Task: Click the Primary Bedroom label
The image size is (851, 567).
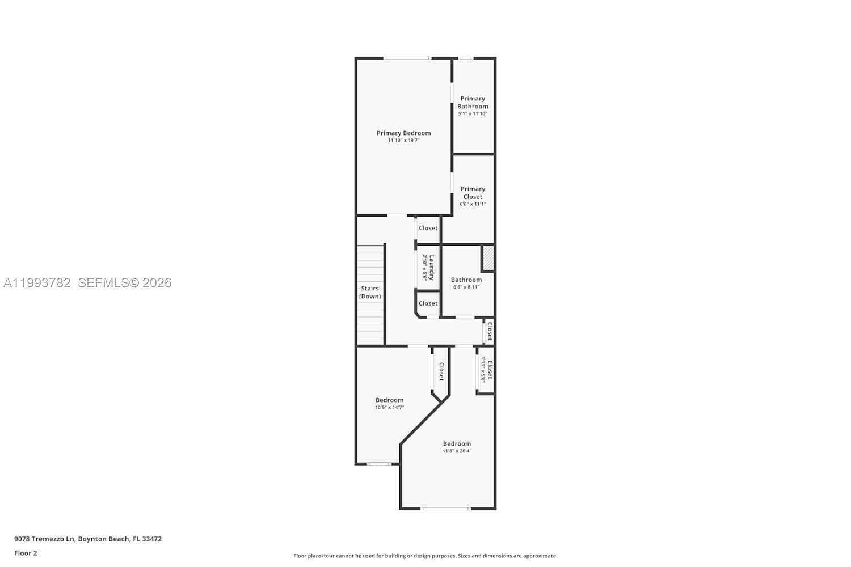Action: pos(403,133)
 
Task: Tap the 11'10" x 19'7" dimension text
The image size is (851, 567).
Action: pos(403,141)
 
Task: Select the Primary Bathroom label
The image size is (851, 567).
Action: pos(473,103)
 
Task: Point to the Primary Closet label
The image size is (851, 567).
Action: pos(473,193)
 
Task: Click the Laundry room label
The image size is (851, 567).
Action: pos(432,267)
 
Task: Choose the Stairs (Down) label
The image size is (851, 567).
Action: pos(370,293)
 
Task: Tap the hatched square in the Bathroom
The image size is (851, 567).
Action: pos(488,258)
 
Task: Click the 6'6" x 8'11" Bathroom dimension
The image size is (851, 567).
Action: pos(466,287)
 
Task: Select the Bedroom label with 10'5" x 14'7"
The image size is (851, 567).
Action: pos(389,400)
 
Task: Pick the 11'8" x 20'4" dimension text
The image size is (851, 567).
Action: pos(457,451)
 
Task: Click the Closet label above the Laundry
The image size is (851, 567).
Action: pos(428,228)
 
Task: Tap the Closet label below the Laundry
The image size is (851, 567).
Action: pos(428,303)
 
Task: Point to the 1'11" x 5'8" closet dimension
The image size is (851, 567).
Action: pos(483,370)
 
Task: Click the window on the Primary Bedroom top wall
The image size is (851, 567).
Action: pos(407,58)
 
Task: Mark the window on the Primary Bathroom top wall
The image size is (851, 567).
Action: pos(466,58)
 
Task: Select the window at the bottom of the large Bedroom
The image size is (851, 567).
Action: pos(445,509)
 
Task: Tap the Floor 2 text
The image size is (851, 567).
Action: pos(26,553)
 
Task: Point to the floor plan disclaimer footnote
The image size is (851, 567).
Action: pos(425,556)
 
